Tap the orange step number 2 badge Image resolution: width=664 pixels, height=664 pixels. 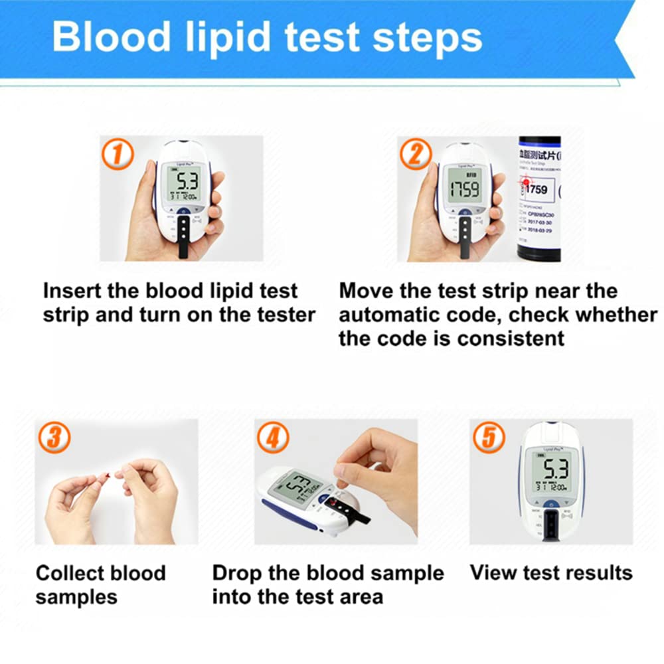(x=416, y=155)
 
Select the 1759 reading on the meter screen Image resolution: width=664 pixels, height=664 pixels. (x=463, y=191)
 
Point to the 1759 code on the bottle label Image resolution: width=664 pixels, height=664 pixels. (x=537, y=190)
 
